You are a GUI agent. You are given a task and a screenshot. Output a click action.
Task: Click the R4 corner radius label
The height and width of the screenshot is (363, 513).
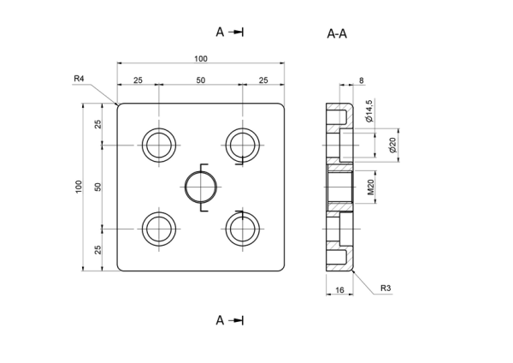(x=79, y=79)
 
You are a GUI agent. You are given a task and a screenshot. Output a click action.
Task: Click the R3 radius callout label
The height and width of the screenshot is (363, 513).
(x=386, y=289)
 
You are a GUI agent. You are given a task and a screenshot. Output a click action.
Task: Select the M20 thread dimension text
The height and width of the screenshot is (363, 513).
(x=370, y=187)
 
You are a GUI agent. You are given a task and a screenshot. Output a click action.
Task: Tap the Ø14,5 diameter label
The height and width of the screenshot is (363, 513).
(x=369, y=110)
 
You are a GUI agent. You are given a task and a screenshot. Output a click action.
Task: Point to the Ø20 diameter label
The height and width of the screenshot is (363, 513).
(x=392, y=145)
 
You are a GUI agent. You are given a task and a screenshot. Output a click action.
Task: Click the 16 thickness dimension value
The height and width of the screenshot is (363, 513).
(x=339, y=290)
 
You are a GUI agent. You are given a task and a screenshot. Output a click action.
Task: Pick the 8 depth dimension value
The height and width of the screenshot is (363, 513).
(x=361, y=80)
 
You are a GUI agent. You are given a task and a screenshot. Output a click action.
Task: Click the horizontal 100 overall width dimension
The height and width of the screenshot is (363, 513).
(x=201, y=58)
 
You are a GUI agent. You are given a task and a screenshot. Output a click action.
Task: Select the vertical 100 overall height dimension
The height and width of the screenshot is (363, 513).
(x=79, y=187)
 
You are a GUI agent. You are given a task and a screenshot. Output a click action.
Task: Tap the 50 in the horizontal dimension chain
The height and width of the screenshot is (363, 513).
(x=201, y=80)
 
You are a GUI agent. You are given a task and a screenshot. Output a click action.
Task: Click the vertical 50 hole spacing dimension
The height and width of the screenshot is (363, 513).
(x=97, y=187)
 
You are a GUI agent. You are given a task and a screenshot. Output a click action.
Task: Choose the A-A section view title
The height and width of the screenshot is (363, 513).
(x=337, y=33)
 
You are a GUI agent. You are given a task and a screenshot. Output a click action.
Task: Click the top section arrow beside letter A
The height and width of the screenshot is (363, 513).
(x=236, y=33)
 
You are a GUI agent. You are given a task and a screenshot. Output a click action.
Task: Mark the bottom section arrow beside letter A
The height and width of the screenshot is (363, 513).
(x=236, y=320)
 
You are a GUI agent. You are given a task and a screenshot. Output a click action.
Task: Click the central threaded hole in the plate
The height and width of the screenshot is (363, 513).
(x=201, y=187)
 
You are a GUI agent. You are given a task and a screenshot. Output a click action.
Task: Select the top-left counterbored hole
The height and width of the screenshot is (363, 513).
(x=159, y=146)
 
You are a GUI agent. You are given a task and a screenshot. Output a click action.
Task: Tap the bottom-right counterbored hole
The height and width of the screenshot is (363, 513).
(x=243, y=229)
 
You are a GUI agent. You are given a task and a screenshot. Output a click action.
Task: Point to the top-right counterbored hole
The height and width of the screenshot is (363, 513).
(x=243, y=146)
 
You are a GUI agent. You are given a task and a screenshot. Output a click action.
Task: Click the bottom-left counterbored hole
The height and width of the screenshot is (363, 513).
(x=159, y=229)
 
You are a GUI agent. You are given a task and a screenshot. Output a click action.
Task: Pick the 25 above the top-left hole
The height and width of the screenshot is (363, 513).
(x=138, y=80)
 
